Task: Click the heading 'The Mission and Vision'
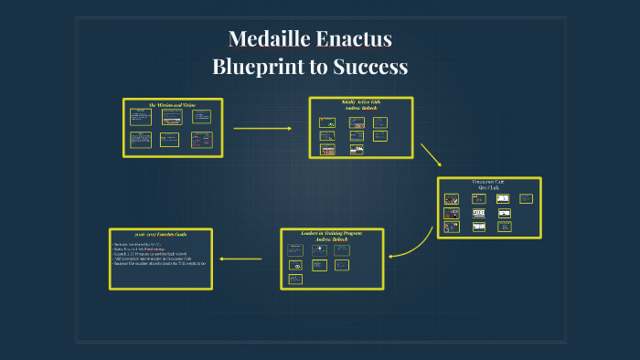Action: click(x=173, y=105)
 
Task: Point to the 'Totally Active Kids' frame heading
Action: click(x=360, y=101)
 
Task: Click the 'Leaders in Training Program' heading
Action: click(x=331, y=233)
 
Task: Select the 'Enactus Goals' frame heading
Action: click(x=160, y=236)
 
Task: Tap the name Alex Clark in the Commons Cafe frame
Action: click(x=489, y=187)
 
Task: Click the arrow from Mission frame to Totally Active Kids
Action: click(x=262, y=128)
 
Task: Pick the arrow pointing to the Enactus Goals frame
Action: click(x=240, y=259)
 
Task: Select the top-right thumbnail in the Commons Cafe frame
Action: click(x=526, y=198)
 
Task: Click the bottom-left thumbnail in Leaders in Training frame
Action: click(x=295, y=279)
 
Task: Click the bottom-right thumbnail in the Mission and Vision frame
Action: click(x=201, y=139)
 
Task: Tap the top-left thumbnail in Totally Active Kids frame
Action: click(x=326, y=122)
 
